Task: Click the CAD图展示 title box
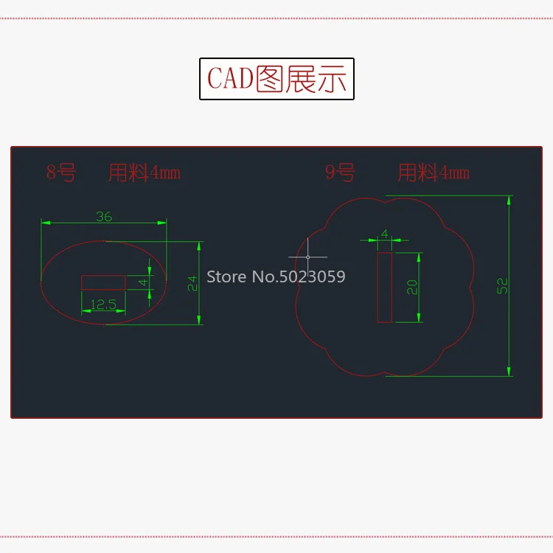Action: [276, 79]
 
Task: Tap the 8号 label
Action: [61, 173]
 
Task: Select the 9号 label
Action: [340, 173]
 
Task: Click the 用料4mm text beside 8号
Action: [145, 173]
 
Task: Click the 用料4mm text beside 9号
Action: [434, 173]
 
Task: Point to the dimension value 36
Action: [104, 216]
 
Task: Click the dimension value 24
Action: [192, 283]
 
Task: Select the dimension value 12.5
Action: [103, 304]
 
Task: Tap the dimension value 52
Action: [503, 286]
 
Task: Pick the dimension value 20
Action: [412, 287]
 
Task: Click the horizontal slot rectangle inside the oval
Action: [103, 282]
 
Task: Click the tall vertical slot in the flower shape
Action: [384, 288]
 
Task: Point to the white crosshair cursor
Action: [308, 257]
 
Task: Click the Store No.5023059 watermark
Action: [276, 277]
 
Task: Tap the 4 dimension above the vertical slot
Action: [384, 234]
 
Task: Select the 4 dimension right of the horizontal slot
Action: [144, 282]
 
